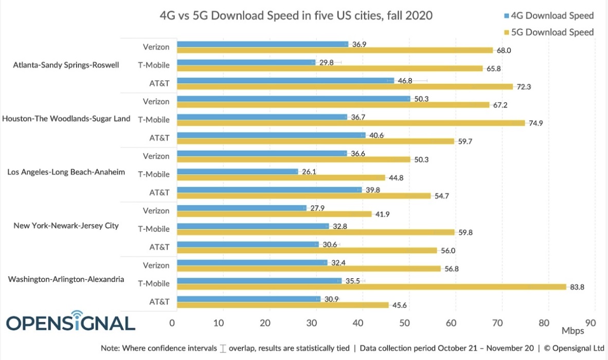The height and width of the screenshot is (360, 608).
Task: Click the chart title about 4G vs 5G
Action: (296, 15)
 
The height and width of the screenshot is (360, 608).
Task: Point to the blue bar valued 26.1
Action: (237, 171)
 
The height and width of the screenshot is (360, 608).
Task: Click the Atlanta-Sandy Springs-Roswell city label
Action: (66, 65)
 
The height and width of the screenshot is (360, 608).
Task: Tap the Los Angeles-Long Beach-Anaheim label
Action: (66, 172)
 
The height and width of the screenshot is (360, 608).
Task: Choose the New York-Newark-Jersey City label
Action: (66, 225)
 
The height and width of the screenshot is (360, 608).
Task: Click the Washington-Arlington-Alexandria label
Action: (66, 279)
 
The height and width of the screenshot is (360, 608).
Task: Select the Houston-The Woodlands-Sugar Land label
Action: (66, 119)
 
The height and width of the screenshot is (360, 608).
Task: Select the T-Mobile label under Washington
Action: (154, 283)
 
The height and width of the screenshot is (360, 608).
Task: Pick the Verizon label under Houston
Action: (156, 101)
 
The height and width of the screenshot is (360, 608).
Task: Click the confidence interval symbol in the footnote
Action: (223, 348)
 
